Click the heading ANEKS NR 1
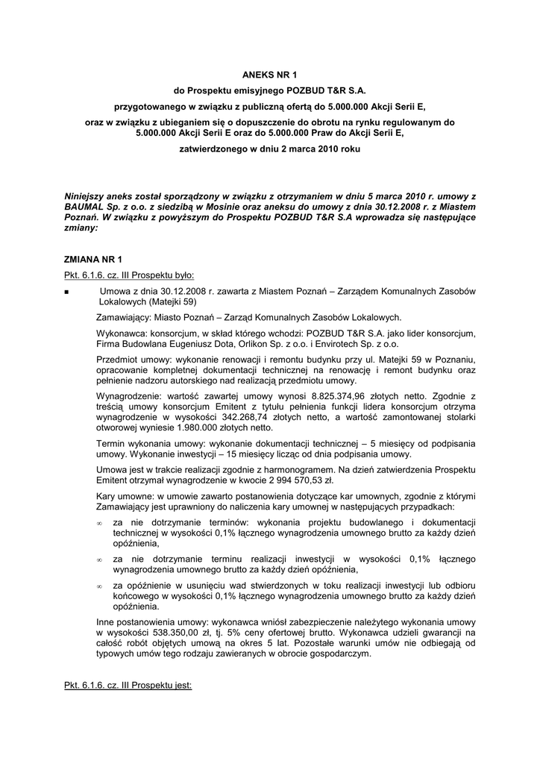[x=269, y=75]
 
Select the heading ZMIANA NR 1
[x=93, y=260]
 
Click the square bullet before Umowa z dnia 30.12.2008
[x=67, y=292]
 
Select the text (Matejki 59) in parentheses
[x=148, y=302]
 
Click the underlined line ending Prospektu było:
[x=128, y=275]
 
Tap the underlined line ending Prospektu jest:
[x=128, y=683]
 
